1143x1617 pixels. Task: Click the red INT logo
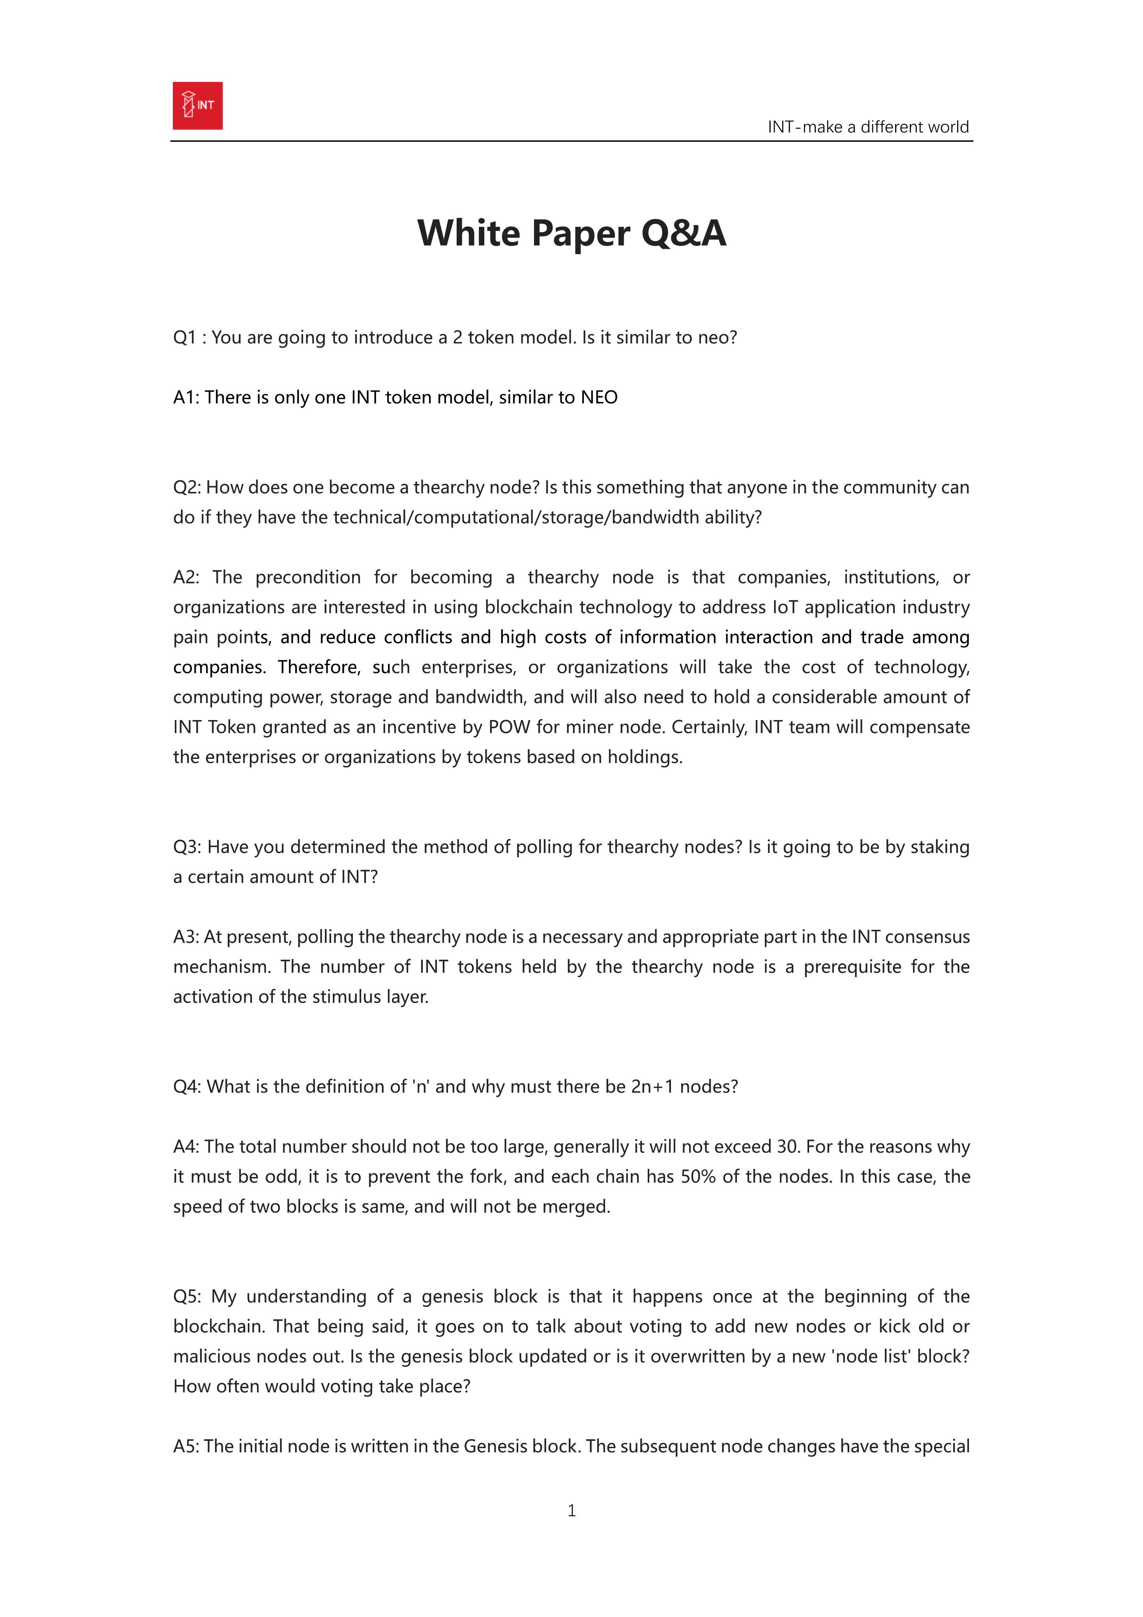click(x=198, y=106)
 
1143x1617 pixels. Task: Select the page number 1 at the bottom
click(x=571, y=1510)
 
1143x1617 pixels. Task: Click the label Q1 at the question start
click(x=184, y=338)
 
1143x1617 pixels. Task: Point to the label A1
click(x=186, y=397)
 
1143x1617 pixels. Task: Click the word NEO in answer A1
click(x=599, y=397)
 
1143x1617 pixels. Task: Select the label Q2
click(x=187, y=488)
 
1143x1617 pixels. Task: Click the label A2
click(x=186, y=578)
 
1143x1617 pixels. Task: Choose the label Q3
click(x=187, y=846)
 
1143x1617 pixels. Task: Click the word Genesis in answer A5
click(x=495, y=1446)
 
